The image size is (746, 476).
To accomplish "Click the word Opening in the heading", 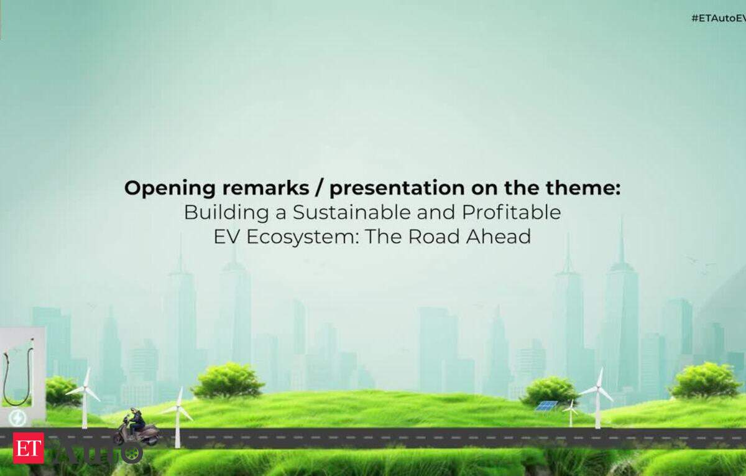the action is (170, 189).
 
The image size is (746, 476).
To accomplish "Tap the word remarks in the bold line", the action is (265, 188).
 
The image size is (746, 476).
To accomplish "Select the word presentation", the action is (397, 189).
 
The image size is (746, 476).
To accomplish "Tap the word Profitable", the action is (511, 212).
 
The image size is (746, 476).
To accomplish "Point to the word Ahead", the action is (498, 237).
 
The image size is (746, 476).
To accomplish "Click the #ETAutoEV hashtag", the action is (719, 18).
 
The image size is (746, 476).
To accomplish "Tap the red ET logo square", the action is (29, 447).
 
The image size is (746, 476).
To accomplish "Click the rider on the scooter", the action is (136, 421).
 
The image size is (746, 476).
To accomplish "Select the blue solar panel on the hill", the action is (546, 406).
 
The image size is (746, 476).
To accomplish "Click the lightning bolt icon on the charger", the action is (17, 418).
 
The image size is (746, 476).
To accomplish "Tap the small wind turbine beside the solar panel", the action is (571, 413).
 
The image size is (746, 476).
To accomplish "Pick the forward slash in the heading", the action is (320, 189).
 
